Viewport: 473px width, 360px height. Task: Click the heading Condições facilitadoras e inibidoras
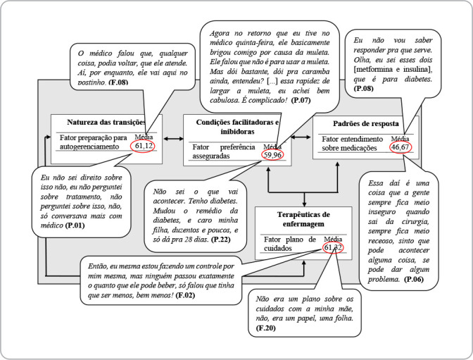[x=237, y=128]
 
